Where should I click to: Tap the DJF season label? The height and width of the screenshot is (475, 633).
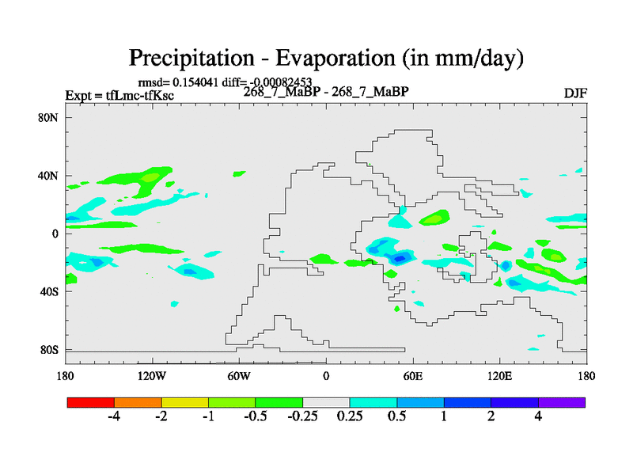575,94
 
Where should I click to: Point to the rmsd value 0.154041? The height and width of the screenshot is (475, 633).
199,82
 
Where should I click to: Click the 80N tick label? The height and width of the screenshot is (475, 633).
49,117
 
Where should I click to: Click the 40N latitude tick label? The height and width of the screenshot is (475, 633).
49,175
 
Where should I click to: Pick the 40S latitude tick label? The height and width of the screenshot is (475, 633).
49,291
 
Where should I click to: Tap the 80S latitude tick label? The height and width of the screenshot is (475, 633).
49,349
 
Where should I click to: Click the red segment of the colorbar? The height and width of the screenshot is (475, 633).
91,402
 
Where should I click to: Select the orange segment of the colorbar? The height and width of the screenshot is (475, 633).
138,402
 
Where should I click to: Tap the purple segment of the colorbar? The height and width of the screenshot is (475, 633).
562,402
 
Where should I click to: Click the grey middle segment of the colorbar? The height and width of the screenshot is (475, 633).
326,402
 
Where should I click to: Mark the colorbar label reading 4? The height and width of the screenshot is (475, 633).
538,417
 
